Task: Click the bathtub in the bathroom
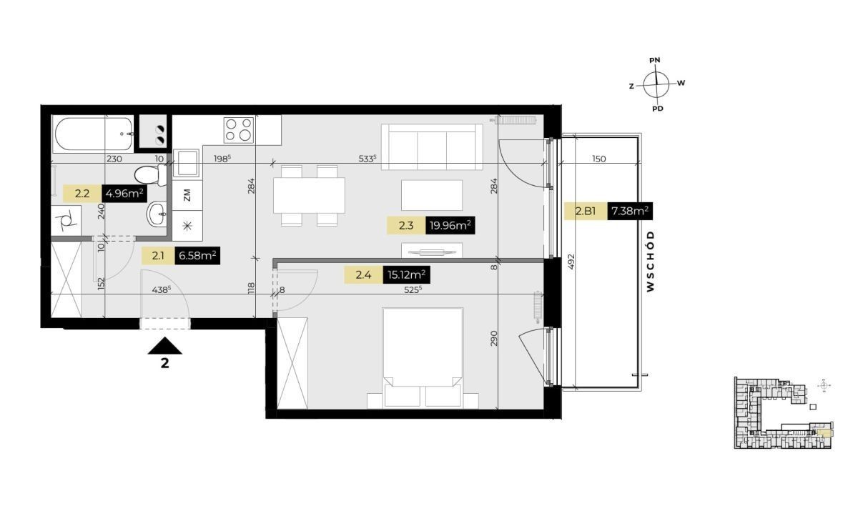(x=93, y=134)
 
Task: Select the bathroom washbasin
(x=157, y=214)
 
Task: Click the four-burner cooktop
(x=239, y=130)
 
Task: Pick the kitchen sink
(x=186, y=163)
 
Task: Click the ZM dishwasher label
(x=187, y=195)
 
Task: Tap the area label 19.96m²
(x=450, y=226)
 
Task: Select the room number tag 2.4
(x=363, y=275)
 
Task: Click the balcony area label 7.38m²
(x=630, y=211)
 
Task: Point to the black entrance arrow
(x=164, y=346)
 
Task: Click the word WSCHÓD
(x=651, y=262)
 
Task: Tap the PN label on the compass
(x=655, y=60)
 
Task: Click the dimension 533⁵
(x=367, y=159)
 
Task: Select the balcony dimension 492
(x=571, y=262)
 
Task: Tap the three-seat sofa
(x=432, y=147)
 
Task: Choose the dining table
(x=309, y=195)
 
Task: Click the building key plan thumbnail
(x=783, y=413)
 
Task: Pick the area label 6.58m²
(x=197, y=255)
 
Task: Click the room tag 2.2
(x=82, y=194)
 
